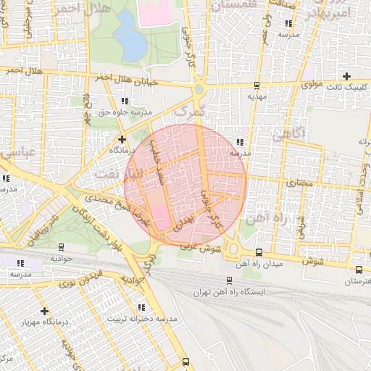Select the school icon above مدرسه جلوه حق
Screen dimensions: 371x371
[125, 101]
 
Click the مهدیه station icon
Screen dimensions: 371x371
[257, 85]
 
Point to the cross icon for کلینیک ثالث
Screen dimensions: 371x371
[346, 76]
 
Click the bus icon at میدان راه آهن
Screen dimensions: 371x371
[259, 253]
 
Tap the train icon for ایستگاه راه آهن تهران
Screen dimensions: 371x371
[229, 280]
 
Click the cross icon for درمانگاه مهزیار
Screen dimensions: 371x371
[45, 310]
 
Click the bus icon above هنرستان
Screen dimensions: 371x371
[358, 270]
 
